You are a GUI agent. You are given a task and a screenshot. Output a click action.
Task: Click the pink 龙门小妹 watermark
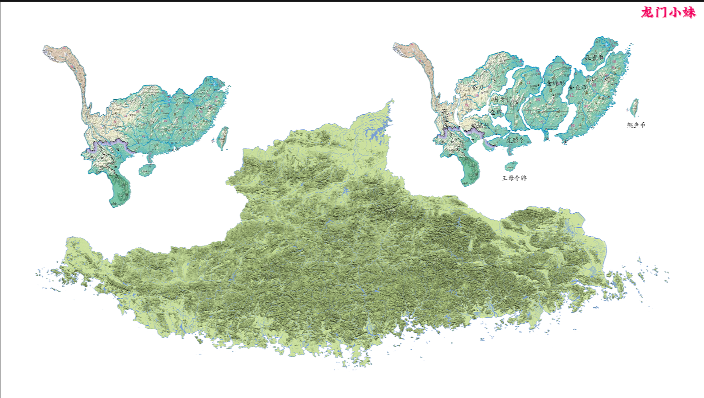(668, 12)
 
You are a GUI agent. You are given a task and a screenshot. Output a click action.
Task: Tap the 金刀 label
(477, 88)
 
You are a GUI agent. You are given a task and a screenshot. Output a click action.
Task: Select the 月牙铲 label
(502, 99)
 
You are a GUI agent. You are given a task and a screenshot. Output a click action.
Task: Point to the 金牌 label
(496, 112)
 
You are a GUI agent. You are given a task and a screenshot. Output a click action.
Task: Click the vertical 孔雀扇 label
(445, 119)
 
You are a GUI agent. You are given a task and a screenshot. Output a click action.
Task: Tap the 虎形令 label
(515, 140)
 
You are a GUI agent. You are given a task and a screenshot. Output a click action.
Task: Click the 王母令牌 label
(514, 178)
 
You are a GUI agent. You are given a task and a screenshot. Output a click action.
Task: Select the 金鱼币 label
(577, 88)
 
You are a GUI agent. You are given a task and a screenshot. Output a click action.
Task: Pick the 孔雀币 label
(594, 58)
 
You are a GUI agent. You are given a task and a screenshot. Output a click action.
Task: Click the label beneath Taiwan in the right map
(636, 125)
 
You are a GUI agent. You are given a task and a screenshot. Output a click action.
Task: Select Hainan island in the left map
(147, 170)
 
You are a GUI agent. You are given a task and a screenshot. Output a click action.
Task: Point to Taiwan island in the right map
(635, 108)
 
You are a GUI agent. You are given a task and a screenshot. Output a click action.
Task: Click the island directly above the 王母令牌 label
(511, 166)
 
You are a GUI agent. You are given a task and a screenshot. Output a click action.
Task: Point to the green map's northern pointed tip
(392, 101)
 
